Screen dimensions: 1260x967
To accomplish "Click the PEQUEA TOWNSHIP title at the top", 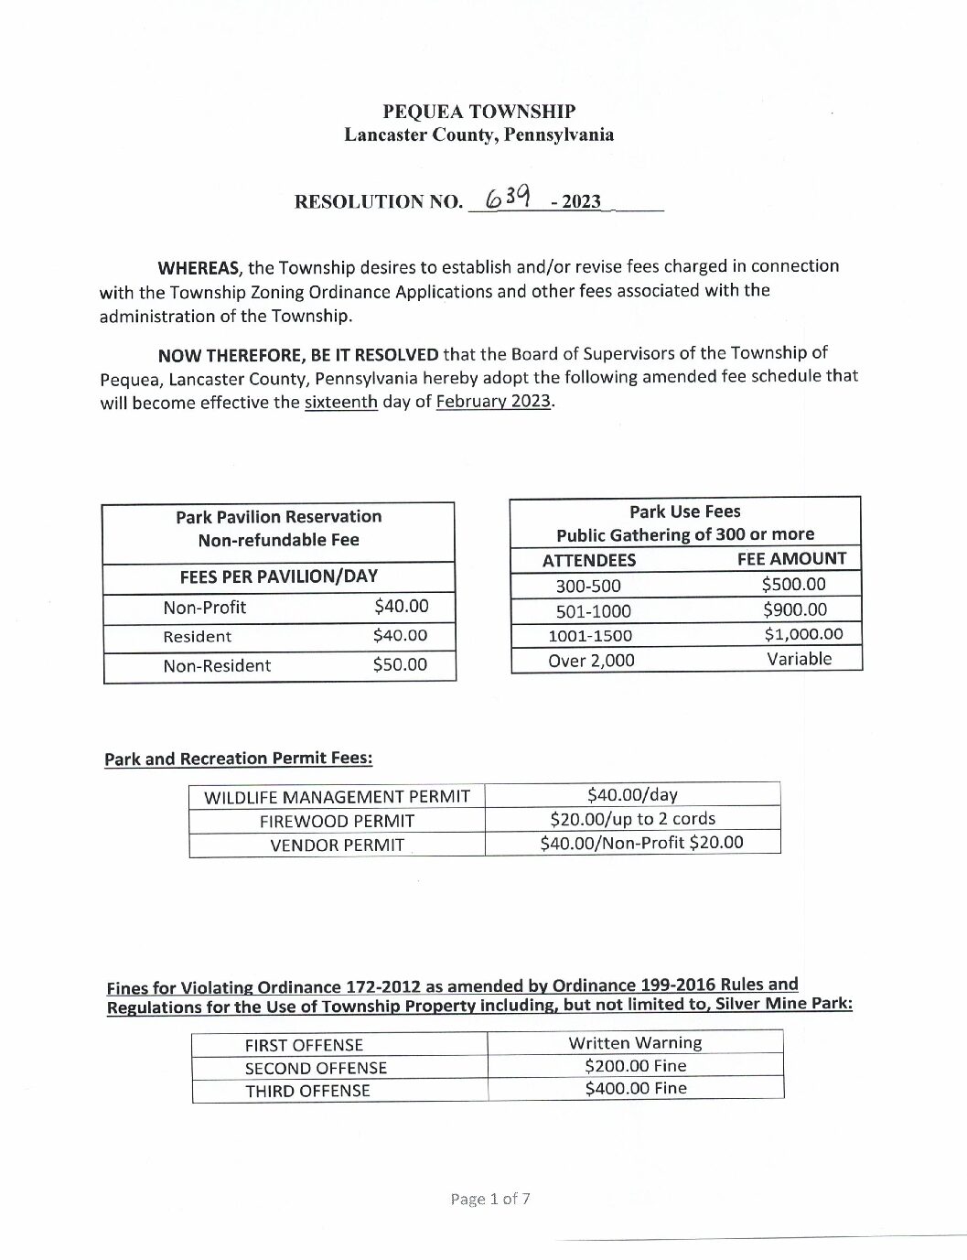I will coord(478,112).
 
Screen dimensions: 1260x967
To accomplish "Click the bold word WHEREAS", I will coord(199,268).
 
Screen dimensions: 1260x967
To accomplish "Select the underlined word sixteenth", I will coord(340,403).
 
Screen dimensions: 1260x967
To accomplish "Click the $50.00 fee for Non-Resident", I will coord(400,665).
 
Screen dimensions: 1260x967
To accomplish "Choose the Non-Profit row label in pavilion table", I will coord(204,608).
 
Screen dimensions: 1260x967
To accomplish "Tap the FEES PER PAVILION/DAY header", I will coord(278,576).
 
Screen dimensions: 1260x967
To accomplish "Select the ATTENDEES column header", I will coord(588,560).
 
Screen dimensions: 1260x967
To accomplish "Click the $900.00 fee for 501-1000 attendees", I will coord(794,609).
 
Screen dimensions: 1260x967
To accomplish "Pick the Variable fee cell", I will coord(799,659).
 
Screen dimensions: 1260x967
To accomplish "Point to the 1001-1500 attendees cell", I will coord(589,636).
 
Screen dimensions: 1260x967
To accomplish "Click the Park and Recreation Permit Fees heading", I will coord(238,759).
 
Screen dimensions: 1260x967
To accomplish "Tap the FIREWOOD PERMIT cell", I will coord(337,821).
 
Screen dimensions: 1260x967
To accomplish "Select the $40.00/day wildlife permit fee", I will coord(632,795).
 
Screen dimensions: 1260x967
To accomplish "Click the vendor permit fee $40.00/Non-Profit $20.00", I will coord(641,843).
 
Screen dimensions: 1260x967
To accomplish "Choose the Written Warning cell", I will coord(635,1043).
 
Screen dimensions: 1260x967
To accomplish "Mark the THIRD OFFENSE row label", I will coord(307,1091).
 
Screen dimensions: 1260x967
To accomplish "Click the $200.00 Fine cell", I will coord(635,1066).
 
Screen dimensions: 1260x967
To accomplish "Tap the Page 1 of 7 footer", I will coord(489,1199).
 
